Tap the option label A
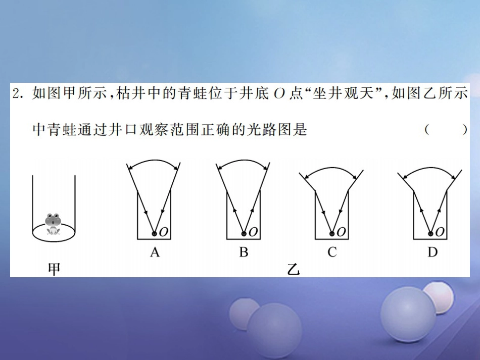155,252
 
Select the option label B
244,252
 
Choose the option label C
332,252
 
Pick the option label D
433,252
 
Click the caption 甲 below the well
54,269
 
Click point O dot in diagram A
155,233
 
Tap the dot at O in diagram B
244,233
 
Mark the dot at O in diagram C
332,233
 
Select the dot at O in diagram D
430,233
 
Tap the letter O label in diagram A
164,232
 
